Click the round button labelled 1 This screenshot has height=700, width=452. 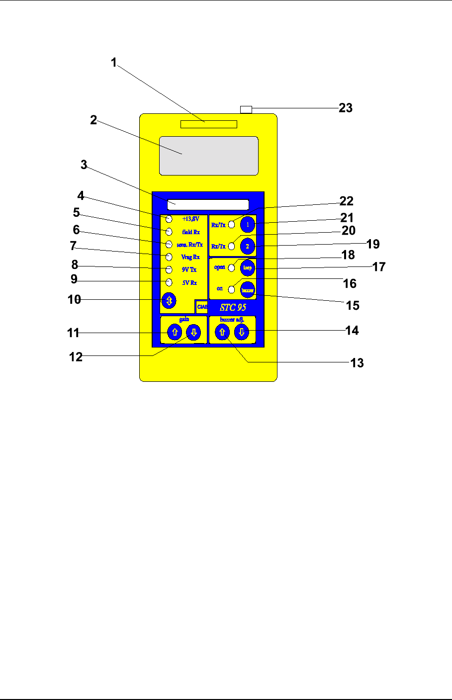(248, 225)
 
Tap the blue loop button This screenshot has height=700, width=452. (247, 267)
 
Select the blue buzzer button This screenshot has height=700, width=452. (247, 289)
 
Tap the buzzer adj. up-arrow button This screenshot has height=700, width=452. (222, 333)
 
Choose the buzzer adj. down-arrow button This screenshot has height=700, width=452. (242, 333)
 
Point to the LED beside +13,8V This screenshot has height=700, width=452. (169, 219)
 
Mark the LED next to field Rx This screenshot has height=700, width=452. (169, 232)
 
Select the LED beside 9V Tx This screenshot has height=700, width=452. (169, 269)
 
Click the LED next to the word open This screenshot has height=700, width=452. (231, 267)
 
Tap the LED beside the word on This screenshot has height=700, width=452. (231, 288)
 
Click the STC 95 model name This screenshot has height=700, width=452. (233, 307)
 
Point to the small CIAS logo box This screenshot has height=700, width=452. (202, 307)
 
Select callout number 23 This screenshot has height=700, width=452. (346, 108)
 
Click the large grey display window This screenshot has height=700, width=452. (209, 156)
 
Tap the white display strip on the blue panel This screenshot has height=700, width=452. (208, 205)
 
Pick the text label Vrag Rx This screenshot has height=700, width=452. (190, 257)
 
